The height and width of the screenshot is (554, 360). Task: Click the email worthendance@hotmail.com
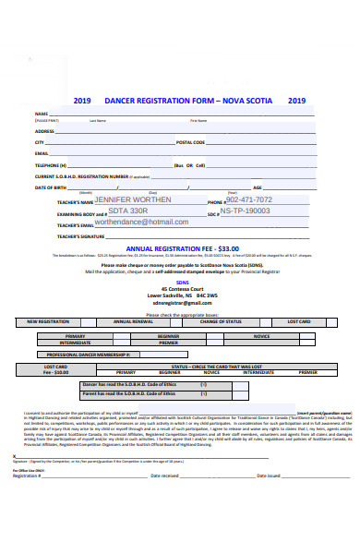tap(148, 223)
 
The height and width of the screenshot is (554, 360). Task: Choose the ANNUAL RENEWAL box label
tap(133, 321)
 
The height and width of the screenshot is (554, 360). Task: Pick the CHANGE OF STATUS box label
tap(220, 321)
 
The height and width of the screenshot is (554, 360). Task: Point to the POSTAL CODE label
tap(190, 142)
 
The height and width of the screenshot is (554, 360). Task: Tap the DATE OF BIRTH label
tap(52, 187)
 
